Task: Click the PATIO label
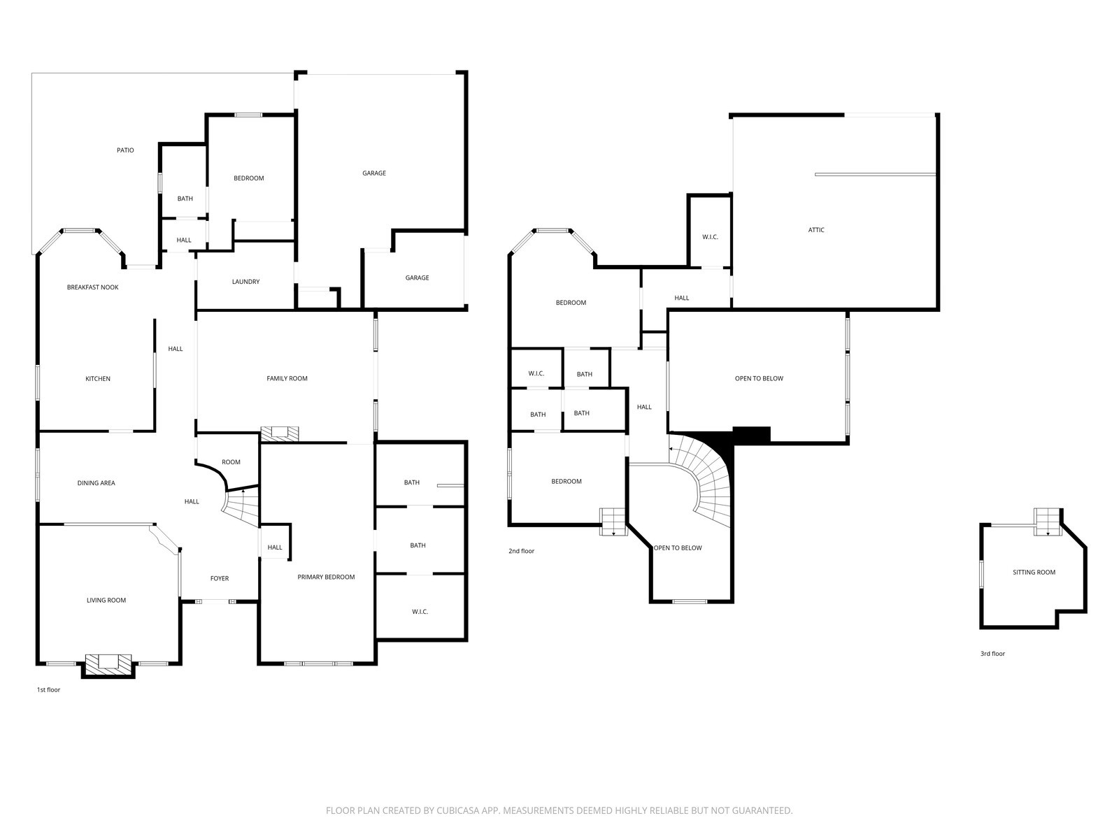tap(125, 150)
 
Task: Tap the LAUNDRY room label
tap(245, 282)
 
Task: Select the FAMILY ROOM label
tap(287, 378)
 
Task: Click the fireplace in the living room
tap(108, 663)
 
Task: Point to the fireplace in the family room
tap(280, 433)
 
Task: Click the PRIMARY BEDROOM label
tap(326, 577)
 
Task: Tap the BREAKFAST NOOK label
tap(92, 287)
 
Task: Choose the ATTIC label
tap(816, 230)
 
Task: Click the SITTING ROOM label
tap(1034, 572)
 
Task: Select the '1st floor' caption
tap(48, 690)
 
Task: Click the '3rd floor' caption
tap(992, 654)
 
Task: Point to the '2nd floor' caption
tap(521, 551)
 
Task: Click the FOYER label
tap(220, 578)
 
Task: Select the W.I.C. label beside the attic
tap(710, 237)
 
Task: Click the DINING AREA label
tap(97, 483)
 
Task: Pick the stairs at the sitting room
tap(1048, 522)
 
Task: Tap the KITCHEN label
tap(98, 379)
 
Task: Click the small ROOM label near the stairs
tap(231, 462)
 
